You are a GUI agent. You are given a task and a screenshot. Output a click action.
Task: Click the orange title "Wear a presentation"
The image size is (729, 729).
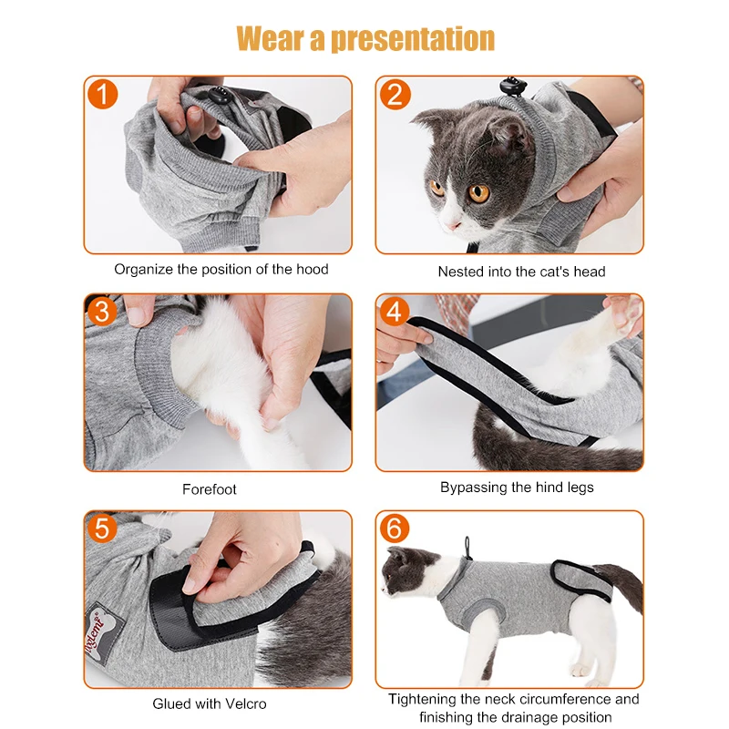point(365,38)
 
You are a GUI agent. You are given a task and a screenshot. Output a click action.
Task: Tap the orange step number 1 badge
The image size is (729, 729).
point(102,95)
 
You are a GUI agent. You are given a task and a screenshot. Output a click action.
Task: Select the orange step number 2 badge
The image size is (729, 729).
point(395,95)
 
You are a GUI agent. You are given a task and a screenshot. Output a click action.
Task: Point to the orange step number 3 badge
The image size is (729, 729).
point(102,311)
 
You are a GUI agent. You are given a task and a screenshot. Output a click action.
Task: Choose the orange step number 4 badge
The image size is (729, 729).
point(395,311)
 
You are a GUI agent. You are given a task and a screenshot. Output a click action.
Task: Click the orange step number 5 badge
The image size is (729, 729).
point(102,529)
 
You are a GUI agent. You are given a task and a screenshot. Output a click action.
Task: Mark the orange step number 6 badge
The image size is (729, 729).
point(395,529)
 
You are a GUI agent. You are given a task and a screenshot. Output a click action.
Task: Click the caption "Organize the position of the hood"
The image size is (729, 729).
point(221,269)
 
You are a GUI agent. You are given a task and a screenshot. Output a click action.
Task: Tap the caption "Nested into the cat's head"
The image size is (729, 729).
point(521,272)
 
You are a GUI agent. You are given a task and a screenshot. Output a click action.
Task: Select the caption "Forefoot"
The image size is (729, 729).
point(210,489)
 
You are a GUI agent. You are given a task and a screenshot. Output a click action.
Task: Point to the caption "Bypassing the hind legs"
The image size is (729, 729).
point(517,488)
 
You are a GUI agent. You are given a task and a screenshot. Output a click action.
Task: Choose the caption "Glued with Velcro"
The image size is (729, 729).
point(210,703)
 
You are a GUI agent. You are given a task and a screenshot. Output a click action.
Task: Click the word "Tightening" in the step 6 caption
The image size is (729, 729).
point(422,699)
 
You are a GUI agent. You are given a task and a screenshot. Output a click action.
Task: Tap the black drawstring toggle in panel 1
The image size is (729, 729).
point(218,96)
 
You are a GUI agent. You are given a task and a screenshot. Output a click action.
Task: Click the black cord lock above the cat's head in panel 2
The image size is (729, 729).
point(513,86)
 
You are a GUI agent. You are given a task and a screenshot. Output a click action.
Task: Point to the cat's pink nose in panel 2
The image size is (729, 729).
point(452,226)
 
